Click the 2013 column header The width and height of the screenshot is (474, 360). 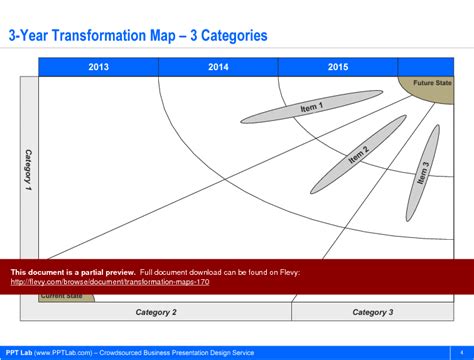click(99, 67)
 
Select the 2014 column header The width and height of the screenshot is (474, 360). click(218, 67)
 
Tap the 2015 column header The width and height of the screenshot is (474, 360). click(338, 67)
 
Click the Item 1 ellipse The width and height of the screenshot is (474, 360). click(313, 106)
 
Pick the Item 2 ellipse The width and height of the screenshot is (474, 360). click(357, 155)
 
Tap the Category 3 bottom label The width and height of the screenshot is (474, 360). click(372, 312)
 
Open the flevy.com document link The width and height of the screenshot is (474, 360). click(110, 281)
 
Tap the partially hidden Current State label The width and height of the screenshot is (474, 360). click(62, 296)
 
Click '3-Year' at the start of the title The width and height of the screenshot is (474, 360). click(30, 36)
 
